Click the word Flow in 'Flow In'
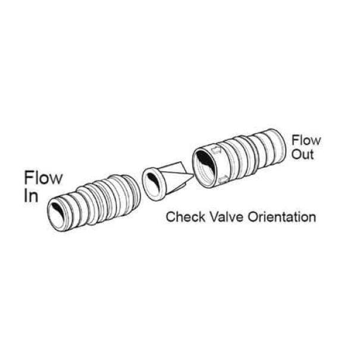click(x=43, y=177)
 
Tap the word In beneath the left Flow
click(x=31, y=196)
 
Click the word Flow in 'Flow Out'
click(x=306, y=140)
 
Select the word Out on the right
click(x=303, y=154)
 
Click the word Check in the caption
click(x=186, y=217)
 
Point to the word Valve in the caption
click(x=227, y=217)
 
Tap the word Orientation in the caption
click(x=282, y=217)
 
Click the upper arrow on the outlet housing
click(x=216, y=151)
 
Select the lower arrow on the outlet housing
click(x=223, y=179)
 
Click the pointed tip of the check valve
click(x=193, y=175)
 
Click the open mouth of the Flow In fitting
click(x=57, y=215)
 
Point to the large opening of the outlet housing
click(x=204, y=167)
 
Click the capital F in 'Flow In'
click(x=29, y=177)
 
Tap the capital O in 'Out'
click(x=296, y=154)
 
